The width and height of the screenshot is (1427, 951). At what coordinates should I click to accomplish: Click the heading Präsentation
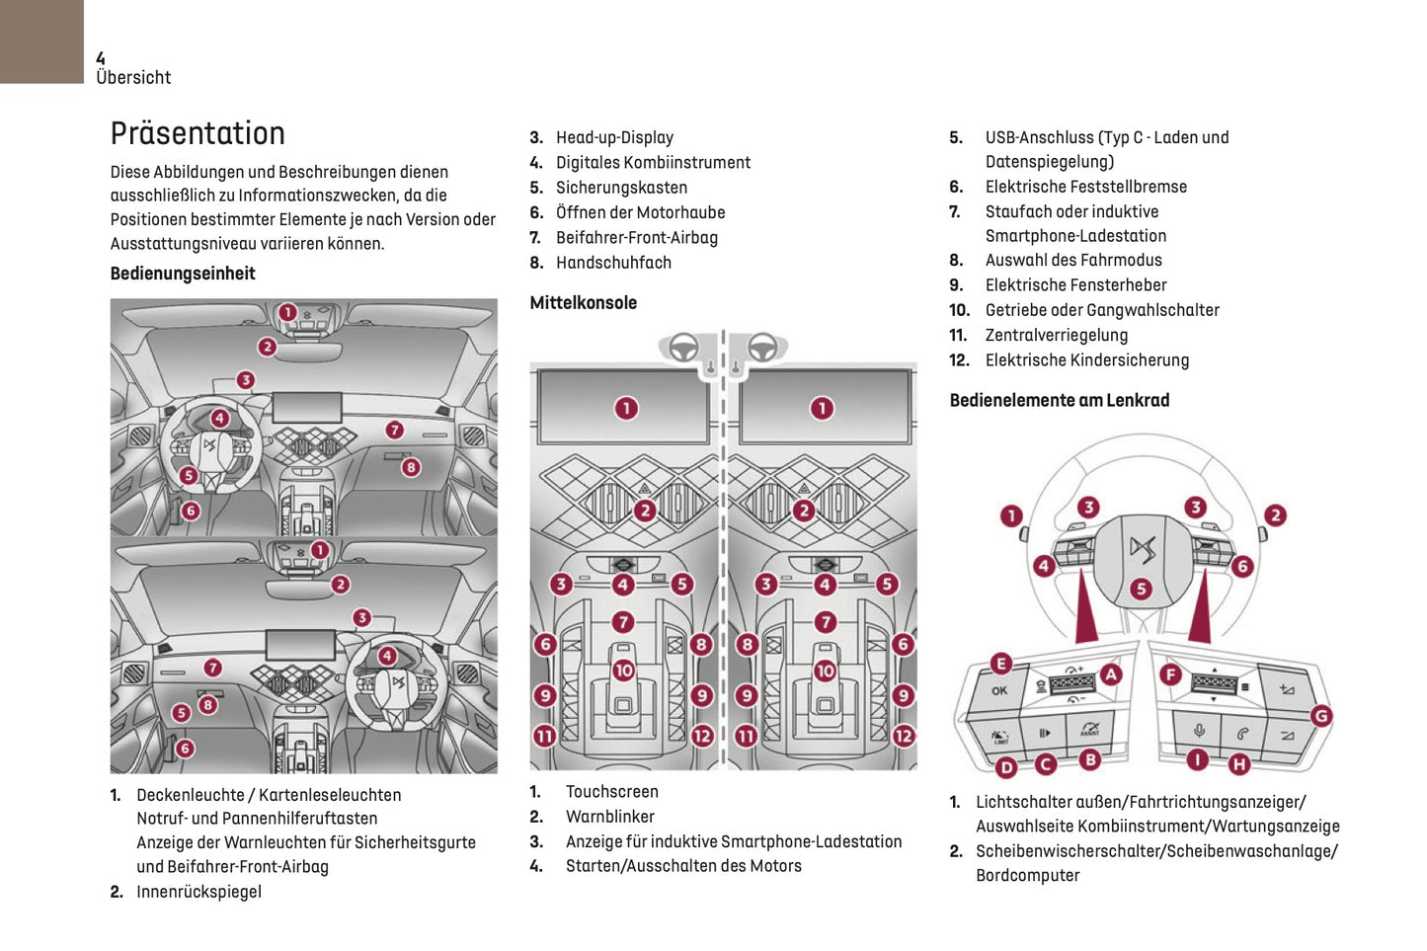pos(198,133)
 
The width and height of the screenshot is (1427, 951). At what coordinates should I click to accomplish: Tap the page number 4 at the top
pos(101,58)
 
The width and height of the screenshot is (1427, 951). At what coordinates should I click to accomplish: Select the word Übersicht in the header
pos(133,78)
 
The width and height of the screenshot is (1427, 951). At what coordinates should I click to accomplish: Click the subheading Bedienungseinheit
pos(183,274)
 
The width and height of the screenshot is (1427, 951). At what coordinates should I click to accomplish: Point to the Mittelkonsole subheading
pos(583,303)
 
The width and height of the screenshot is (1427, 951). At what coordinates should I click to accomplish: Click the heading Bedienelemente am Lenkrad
pos(1059,400)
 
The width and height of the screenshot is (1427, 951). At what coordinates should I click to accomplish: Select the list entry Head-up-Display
pos(614,137)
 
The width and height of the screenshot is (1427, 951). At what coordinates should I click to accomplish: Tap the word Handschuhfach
pos(613,263)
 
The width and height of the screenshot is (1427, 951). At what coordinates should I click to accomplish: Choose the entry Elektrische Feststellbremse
pos(1085,187)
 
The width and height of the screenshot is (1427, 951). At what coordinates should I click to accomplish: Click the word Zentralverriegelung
pos(1056,335)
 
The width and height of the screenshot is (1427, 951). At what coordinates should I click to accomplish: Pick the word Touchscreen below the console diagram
pos(611,792)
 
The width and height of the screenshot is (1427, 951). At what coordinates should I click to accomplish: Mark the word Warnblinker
pos(609,817)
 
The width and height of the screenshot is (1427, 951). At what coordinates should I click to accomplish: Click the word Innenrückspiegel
pos(198,892)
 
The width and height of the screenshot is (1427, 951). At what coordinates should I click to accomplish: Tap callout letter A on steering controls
pos(1111,674)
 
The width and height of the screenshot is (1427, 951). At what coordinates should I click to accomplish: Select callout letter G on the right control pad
pos(1320,716)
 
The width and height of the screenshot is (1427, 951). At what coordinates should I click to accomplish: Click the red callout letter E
pos(1000,664)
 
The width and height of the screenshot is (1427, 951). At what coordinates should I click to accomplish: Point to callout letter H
pos(1238,763)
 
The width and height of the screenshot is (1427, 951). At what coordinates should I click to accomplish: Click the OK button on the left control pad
pos(999,690)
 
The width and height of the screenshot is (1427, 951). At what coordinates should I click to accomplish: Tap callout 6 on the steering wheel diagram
pos(1242,566)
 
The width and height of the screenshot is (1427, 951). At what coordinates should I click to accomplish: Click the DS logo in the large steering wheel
pos(1142,549)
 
